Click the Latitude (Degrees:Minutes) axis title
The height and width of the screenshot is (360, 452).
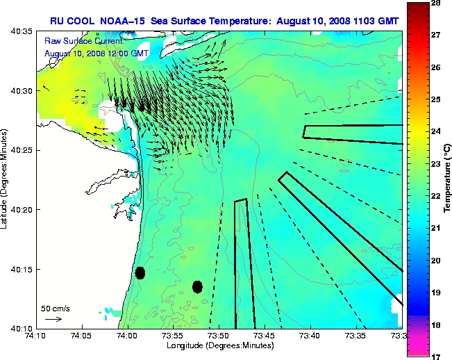(6, 179)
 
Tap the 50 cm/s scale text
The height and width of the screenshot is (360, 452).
(55, 308)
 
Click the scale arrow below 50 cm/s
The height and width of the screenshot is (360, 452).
(53, 319)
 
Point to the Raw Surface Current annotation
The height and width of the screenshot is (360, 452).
(78, 41)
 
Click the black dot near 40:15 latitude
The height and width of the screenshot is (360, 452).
(140, 272)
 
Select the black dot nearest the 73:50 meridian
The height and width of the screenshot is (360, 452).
(197, 286)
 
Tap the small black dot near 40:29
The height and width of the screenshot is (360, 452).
(142, 106)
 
